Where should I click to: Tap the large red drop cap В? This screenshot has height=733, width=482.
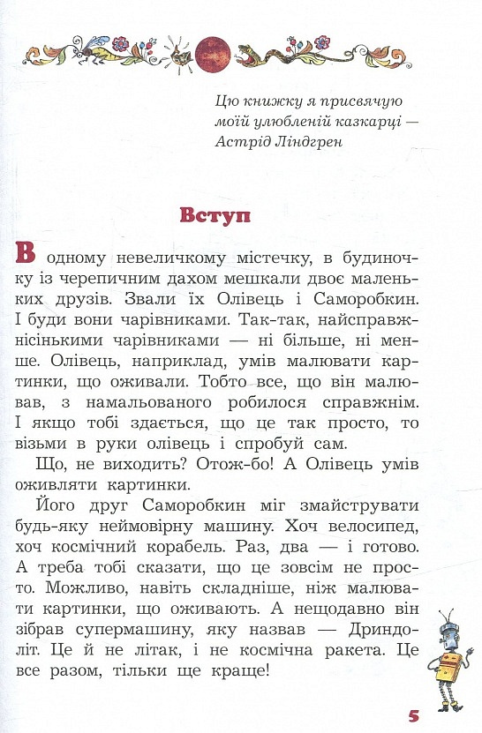point(26,253)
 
